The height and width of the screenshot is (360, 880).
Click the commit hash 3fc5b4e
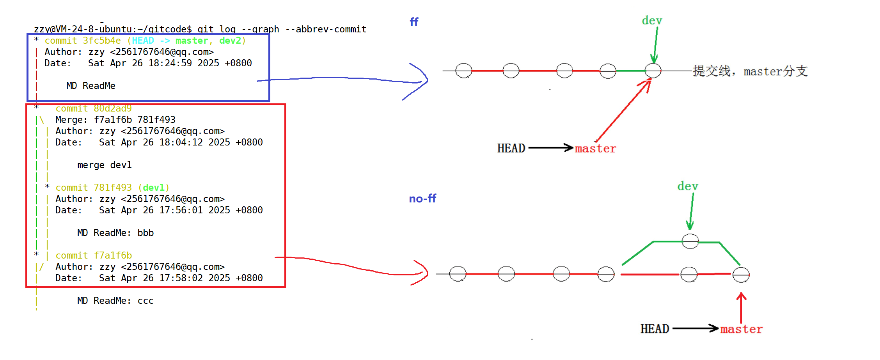(101, 41)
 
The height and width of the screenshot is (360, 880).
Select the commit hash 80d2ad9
(112, 108)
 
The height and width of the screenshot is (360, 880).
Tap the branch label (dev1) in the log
(154, 188)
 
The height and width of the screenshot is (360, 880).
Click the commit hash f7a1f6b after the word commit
(113, 255)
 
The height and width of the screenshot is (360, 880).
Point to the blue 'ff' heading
(414, 22)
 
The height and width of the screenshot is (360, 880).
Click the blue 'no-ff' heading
(422, 199)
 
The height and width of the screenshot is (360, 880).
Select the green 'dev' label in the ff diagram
(652, 21)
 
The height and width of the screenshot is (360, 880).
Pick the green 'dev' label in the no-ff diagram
(687, 186)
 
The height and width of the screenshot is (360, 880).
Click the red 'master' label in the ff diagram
(595, 149)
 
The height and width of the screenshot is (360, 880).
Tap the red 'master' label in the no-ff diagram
(741, 329)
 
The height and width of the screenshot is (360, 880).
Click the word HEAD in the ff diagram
(511, 149)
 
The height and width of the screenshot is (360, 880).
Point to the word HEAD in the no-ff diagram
(655, 329)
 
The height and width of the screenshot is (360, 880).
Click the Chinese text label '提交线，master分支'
(750, 71)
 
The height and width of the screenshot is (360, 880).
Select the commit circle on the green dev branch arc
(690, 241)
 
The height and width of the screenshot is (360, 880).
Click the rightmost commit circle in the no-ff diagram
(741, 275)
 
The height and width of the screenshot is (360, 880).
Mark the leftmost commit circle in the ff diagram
(463, 71)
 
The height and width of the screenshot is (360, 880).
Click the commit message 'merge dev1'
(105, 165)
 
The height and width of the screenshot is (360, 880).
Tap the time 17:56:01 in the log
(181, 210)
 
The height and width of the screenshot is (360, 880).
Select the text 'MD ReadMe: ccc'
(115, 301)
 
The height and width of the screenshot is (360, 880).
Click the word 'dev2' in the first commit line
(230, 41)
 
